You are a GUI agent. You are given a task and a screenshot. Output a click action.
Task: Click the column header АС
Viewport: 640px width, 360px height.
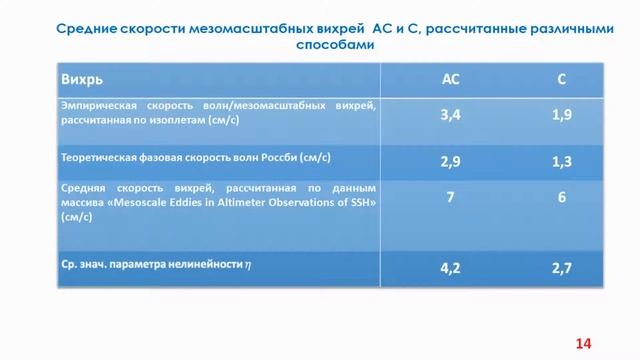(450, 77)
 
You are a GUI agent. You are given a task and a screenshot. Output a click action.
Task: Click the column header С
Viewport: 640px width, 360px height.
(561, 77)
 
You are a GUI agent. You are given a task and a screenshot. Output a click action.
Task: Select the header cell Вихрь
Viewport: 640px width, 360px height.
(81, 77)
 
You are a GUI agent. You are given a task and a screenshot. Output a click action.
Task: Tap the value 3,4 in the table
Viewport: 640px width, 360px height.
(450, 115)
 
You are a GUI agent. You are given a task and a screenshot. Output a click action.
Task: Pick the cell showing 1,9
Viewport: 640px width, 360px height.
(561, 115)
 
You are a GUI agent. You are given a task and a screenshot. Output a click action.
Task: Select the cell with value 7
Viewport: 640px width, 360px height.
(450, 197)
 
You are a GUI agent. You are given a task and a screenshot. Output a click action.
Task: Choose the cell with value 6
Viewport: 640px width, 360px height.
(561, 197)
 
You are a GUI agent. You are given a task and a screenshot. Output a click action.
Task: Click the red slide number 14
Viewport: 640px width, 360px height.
(583, 343)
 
